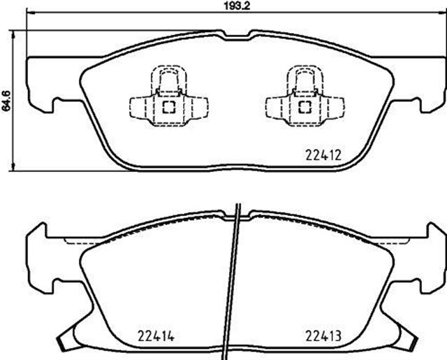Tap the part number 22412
(x=323, y=156)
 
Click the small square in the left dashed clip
(x=168, y=107)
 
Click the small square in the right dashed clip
(x=305, y=107)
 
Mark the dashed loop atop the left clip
(x=168, y=78)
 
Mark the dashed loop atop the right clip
(x=305, y=78)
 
